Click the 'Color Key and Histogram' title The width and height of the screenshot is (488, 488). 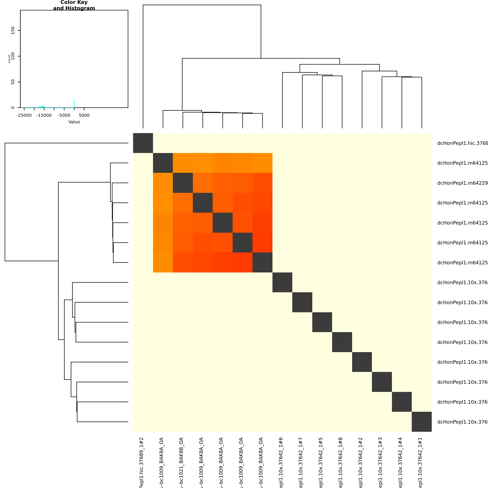(74, 5)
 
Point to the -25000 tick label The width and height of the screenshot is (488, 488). (24, 115)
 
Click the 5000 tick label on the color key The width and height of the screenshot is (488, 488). (84, 115)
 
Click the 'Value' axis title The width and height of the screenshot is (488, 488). (74, 122)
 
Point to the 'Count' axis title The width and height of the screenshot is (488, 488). (9, 59)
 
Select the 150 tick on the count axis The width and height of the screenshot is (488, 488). (13, 30)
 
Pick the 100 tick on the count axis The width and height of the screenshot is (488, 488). (13, 56)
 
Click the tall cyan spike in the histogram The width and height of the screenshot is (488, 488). (74, 104)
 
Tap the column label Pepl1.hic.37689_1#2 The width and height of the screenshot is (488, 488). (141, 462)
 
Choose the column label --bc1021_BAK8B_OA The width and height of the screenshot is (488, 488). (181, 462)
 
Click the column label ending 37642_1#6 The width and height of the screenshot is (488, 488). (281, 462)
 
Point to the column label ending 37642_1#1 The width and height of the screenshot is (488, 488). (420, 462)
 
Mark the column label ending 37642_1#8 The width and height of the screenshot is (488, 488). (341, 462)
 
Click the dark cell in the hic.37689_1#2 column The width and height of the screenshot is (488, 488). (143, 143)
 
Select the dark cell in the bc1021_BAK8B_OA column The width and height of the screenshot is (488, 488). (183, 183)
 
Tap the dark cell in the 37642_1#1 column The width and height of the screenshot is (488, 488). (422, 422)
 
